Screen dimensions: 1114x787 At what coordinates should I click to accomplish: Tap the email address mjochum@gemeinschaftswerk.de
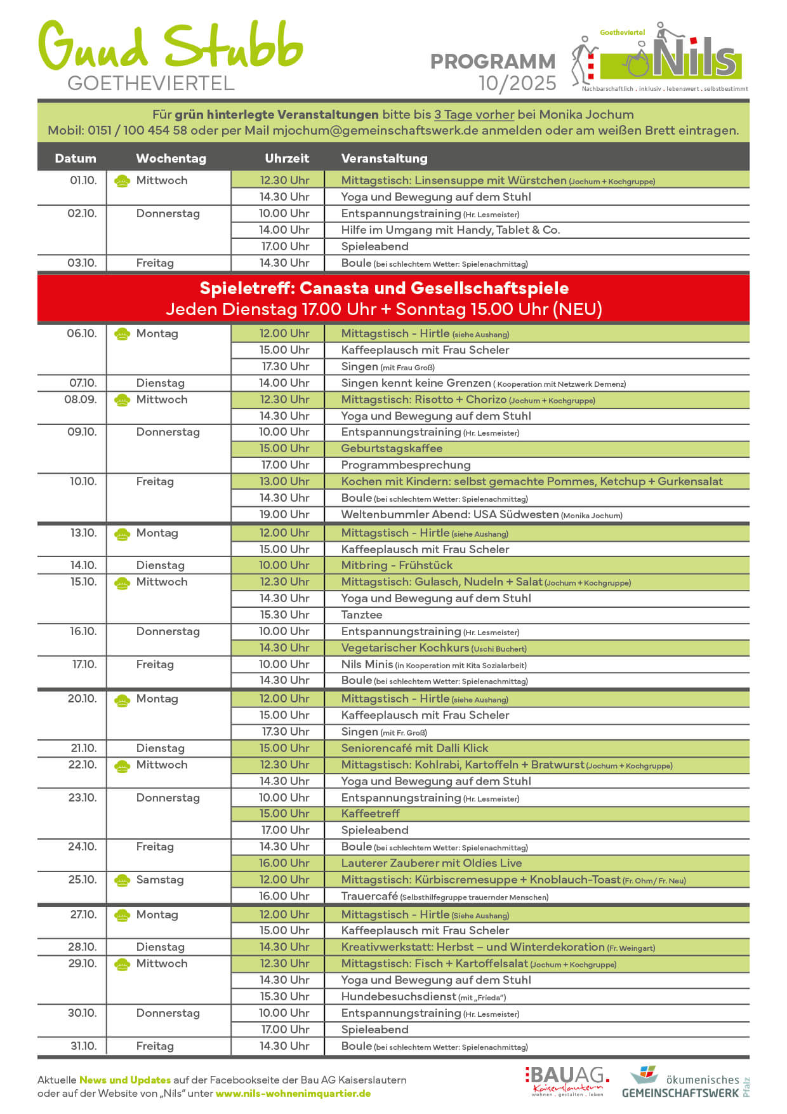click(x=375, y=131)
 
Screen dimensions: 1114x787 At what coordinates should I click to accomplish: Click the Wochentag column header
click(x=171, y=158)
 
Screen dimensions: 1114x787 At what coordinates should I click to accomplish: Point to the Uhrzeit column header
click(x=287, y=158)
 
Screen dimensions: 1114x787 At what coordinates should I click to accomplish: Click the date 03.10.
click(x=83, y=263)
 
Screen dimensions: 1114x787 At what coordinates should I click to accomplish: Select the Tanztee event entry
click(x=362, y=615)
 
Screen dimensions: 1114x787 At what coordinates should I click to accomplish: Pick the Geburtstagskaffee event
click(x=392, y=448)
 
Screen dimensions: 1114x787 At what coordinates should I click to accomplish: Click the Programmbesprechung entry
click(x=406, y=465)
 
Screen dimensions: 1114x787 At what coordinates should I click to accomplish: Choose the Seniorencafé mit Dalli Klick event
click(x=414, y=748)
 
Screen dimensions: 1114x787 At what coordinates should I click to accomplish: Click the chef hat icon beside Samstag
click(x=122, y=880)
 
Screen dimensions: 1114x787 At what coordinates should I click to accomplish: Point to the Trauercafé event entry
click(x=369, y=896)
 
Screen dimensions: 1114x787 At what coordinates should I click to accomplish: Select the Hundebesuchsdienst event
click(x=399, y=997)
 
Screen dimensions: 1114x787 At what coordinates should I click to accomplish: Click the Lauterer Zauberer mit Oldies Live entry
click(x=432, y=863)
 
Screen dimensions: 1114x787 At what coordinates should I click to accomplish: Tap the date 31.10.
click(x=83, y=1046)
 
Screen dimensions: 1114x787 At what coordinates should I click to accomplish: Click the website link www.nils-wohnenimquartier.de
click(x=293, y=1094)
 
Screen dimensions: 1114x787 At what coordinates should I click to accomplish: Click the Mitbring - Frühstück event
click(x=397, y=565)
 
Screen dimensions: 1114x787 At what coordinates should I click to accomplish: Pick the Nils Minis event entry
click(x=367, y=664)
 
